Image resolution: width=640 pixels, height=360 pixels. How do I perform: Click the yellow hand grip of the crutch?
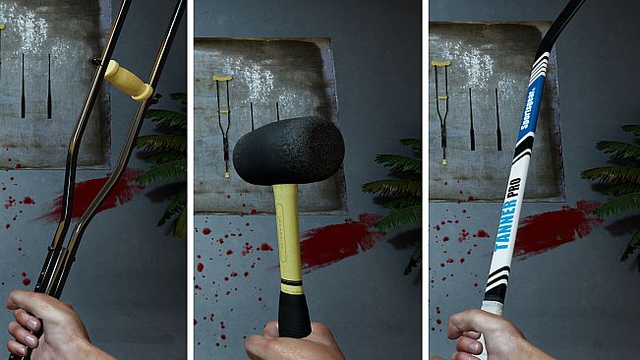click(129, 81)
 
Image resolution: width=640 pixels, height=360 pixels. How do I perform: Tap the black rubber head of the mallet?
click(288, 150)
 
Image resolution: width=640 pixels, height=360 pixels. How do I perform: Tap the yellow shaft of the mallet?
click(286, 231)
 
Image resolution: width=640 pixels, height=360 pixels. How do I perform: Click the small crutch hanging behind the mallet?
click(224, 123)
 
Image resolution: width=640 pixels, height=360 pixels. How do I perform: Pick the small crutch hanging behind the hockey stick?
click(440, 108)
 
